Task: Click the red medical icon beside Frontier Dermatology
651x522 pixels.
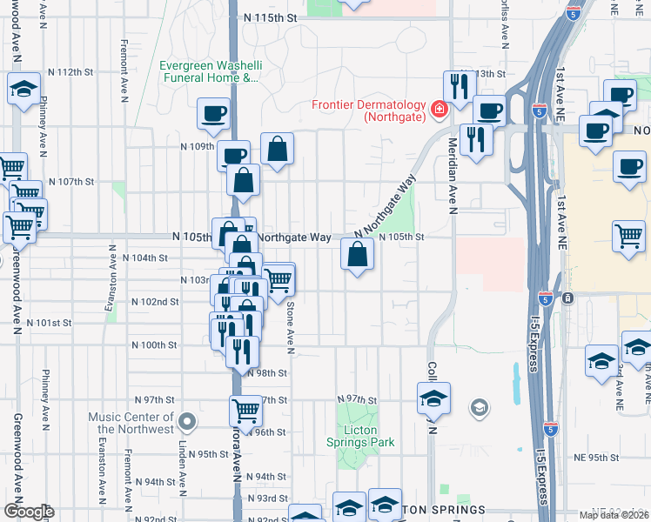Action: coord(439,109)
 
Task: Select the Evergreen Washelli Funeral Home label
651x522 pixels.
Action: coord(210,71)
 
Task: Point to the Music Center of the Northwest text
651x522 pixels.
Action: coord(131,423)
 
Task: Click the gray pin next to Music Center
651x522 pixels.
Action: coord(186,423)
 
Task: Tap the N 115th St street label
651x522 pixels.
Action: coord(271,17)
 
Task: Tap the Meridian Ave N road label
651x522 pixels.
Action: coord(453,175)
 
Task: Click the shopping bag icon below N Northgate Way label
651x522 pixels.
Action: coord(358,255)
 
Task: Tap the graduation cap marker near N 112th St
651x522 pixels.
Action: coord(24,88)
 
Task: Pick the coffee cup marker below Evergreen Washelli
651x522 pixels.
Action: coord(213,113)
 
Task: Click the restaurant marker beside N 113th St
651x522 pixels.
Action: coord(457,86)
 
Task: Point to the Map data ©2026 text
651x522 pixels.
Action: coord(614,515)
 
